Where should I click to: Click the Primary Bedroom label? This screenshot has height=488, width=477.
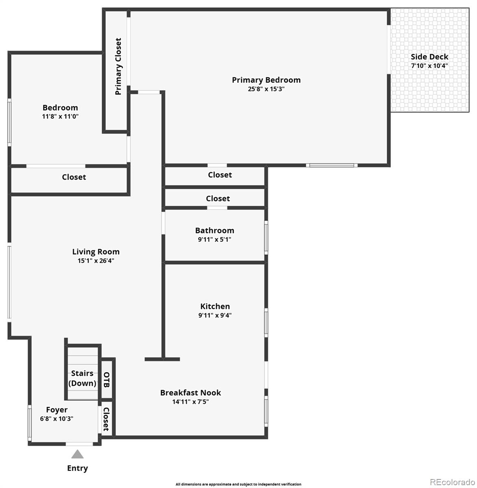tap(266, 80)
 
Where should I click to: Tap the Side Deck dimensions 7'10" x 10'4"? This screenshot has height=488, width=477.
tap(429, 66)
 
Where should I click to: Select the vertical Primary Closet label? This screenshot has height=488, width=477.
tap(118, 66)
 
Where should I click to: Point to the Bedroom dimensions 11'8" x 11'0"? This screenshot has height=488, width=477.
tap(60, 116)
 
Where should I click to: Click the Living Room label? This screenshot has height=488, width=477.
tap(96, 251)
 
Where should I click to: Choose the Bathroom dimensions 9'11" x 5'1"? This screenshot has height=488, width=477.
tap(214, 239)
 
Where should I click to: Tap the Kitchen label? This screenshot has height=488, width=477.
tap(215, 306)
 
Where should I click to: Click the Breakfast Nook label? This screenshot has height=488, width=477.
tap(191, 392)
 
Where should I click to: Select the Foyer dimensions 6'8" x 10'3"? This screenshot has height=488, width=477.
tap(57, 418)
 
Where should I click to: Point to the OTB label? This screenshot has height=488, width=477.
tap(107, 380)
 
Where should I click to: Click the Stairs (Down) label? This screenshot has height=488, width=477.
tap(82, 378)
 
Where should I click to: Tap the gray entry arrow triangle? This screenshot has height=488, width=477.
tap(78, 454)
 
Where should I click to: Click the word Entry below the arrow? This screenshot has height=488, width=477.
tap(78, 468)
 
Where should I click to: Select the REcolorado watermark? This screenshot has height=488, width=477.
tap(453, 482)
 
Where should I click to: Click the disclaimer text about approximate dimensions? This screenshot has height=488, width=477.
tap(238, 484)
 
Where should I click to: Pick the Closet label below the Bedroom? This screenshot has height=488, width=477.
tap(74, 177)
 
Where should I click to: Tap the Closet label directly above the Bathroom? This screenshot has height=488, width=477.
tap(218, 198)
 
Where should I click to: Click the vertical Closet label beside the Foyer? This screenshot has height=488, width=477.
tap(106, 419)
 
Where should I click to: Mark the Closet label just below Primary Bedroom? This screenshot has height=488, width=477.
tap(220, 175)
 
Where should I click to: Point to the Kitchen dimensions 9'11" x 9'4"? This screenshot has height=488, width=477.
tap(215, 315)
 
